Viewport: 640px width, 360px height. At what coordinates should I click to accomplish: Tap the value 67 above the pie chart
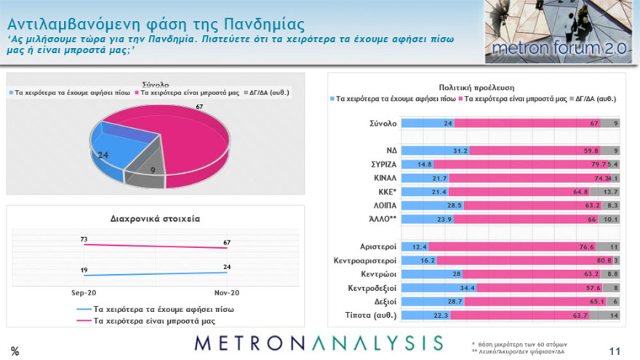point(198,107)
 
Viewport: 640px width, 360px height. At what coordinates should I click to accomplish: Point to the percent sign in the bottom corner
point(15,351)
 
